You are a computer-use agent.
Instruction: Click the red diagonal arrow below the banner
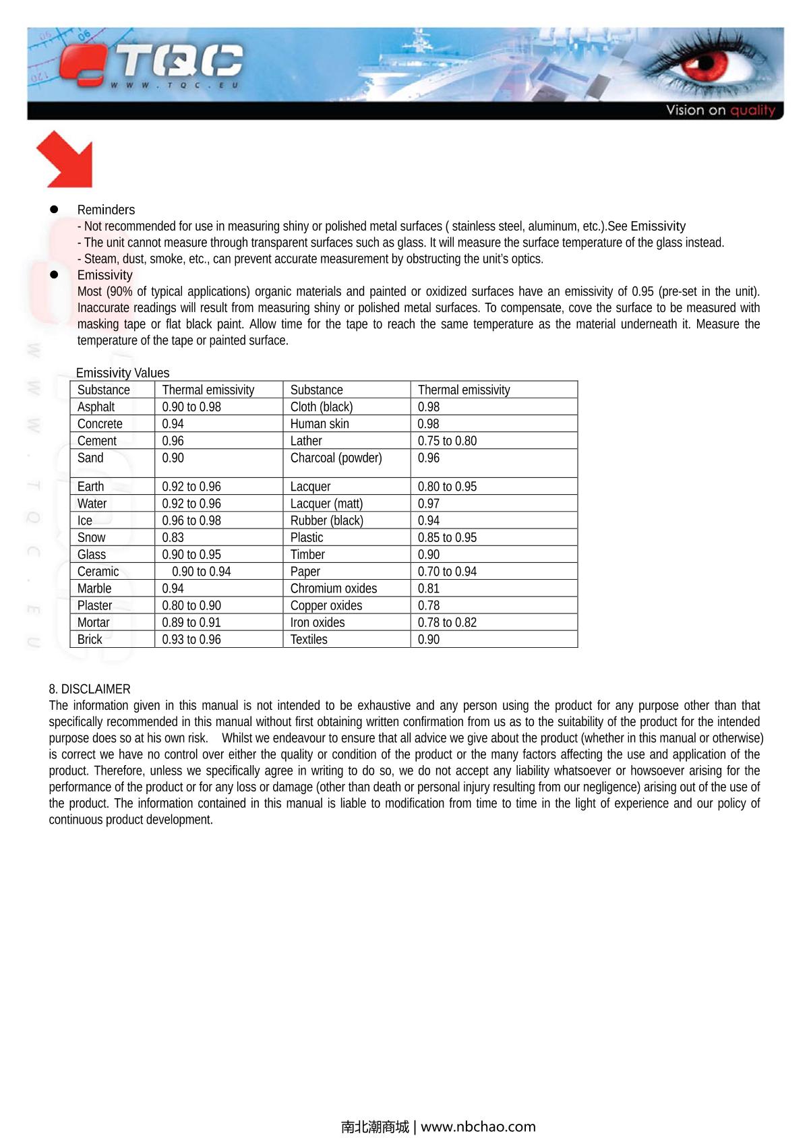pyautogui.click(x=65, y=159)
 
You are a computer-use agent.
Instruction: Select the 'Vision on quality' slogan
pyautogui.click(x=720, y=110)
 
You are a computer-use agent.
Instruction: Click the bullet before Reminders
pyautogui.click(x=54, y=210)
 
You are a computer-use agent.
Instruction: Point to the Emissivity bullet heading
pyautogui.click(x=104, y=275)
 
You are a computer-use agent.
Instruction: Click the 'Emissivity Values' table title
pyautogui.click(x=123, y=373)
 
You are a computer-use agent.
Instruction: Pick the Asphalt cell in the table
pyautogui.click(x=96, y=407)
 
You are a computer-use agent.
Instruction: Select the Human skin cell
pyautogui.click(x=320, y=423)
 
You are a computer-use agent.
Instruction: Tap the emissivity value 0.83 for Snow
pyautogui.click(x=173, y=537)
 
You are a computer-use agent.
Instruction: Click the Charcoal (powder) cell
pyautogui.click(x=336, y=458)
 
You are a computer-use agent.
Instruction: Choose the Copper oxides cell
pyautogui.click(x=326, y=605)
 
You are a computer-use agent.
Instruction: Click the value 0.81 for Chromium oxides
pyautogui.click(x=429, y=589)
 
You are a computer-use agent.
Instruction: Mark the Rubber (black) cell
pyautogui.click(x=327, y=520)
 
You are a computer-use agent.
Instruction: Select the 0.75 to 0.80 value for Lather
pyautogui.click(x=447, y=441)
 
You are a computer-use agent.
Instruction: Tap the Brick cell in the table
pyautogui.click(x=90, y=639)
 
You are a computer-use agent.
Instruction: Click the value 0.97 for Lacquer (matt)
pyautogui.click(x=429, y=504)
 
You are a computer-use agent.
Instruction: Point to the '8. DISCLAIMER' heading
pyautogui.click(x=90, y=689)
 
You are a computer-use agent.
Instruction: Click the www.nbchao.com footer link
pyautogui.click(x=478, y=1126)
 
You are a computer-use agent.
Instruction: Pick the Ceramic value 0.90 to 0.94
pyautogui.click(x=202, y=572)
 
